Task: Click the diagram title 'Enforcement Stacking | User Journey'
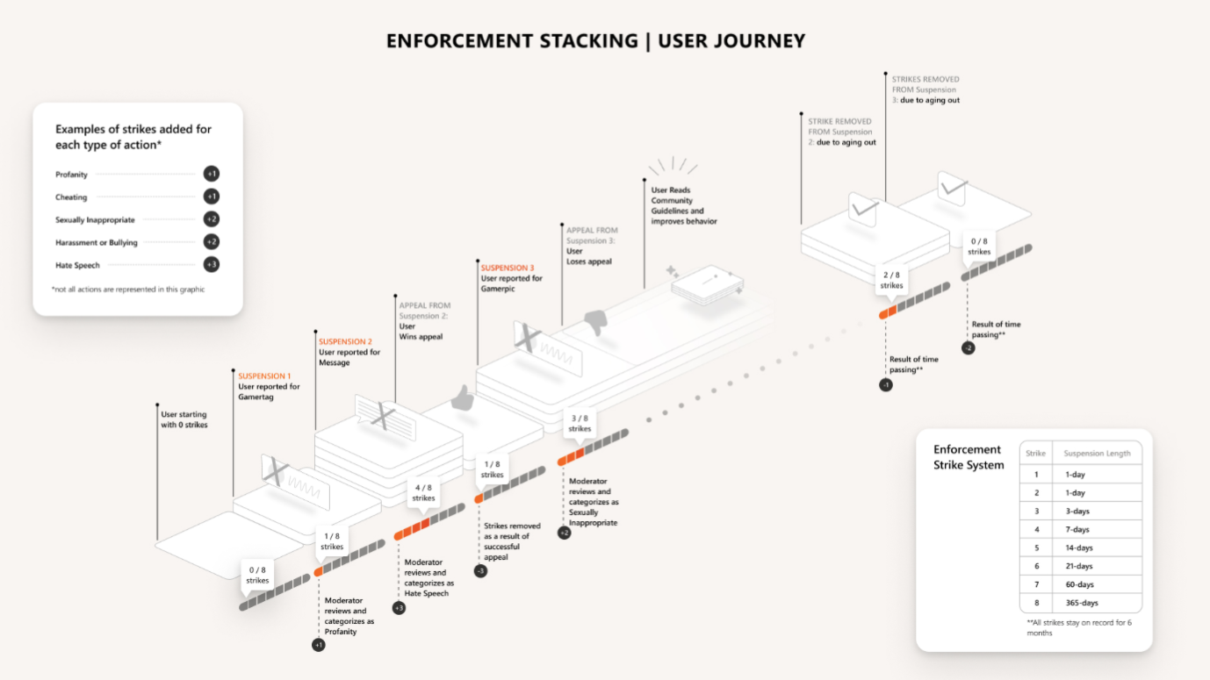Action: click(595, 41)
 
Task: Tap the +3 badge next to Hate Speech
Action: click(212, 265)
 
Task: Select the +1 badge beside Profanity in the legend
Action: click(212, 174)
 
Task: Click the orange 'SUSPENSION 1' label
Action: click(264, 376)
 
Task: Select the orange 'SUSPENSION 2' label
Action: click(345, 341)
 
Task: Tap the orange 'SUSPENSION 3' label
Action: click(507, 268)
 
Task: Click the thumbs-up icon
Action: click(462, 400)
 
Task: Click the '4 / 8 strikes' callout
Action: click(423, 492)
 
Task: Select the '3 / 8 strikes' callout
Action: click(580, 423)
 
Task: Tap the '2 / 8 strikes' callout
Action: click(891, 280)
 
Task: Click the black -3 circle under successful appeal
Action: click(480, 571)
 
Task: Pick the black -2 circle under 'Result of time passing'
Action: click(968, 348)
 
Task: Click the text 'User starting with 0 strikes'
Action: click(184, 419)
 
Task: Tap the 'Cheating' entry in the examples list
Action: click(71, 197)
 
